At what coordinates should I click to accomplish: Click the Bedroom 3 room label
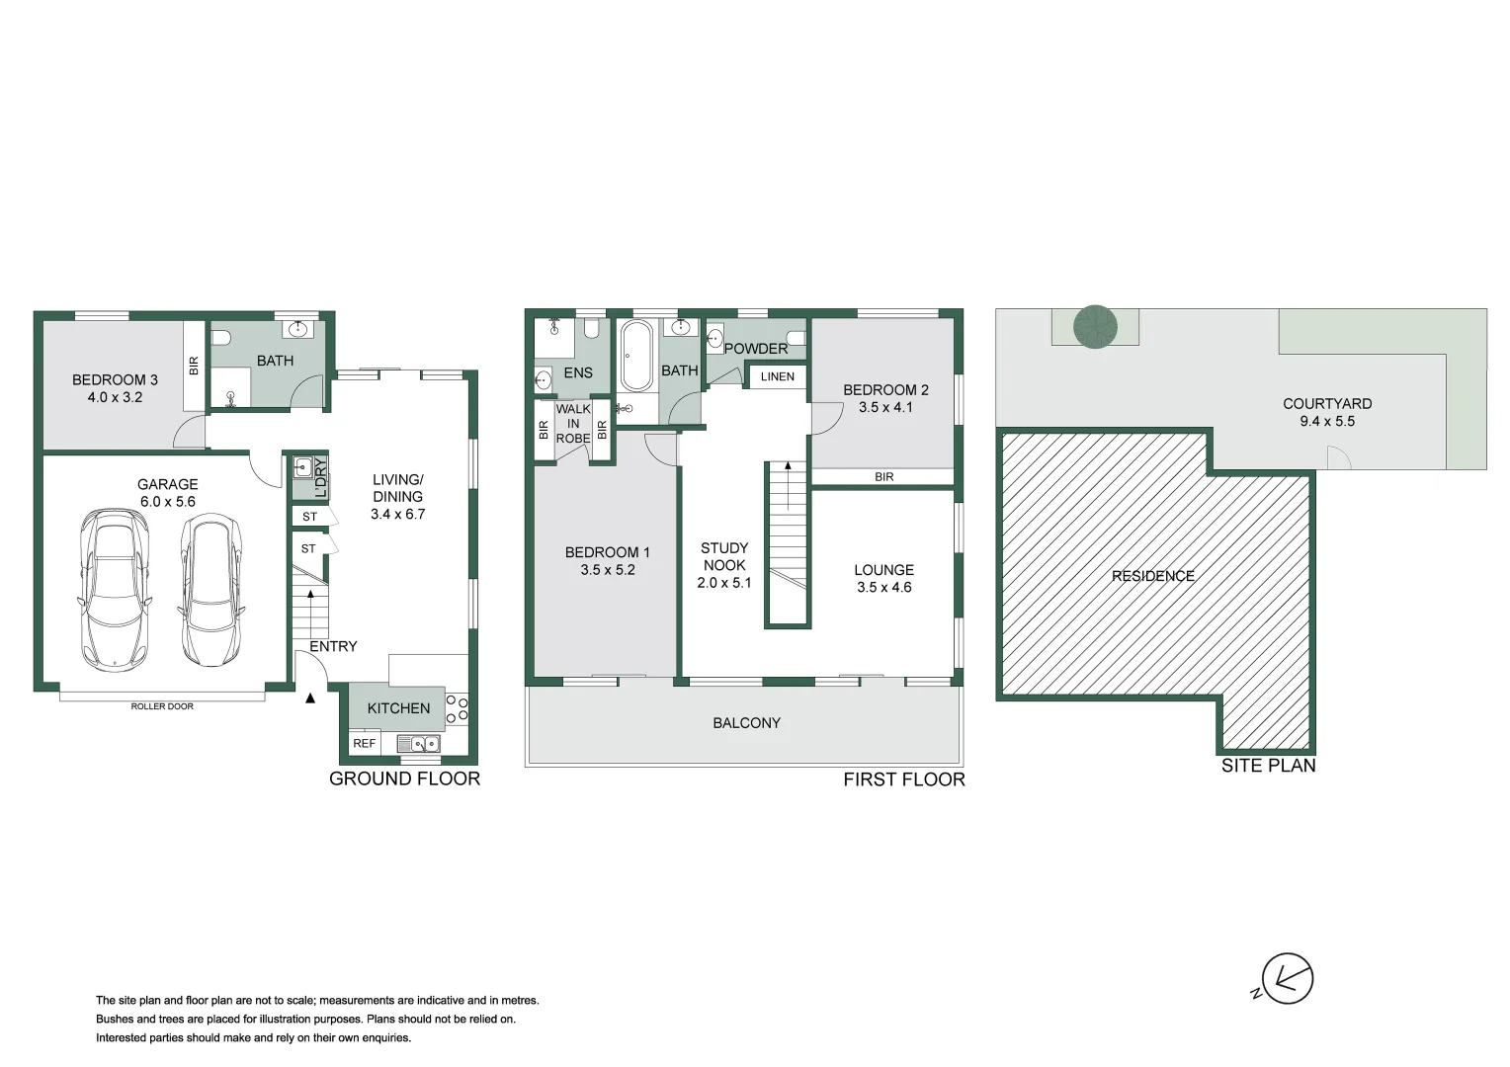tap(115, 379)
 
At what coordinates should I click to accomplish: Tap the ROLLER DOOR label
tap(162, 706)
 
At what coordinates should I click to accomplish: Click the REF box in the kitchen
tap(365, 743)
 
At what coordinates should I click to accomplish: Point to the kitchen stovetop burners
tap(457, 708)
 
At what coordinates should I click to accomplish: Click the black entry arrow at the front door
tap(310, 698)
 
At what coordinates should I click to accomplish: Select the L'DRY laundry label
tap(319, 479)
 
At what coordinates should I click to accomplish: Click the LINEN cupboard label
tap(778, 376)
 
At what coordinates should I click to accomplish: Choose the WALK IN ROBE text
tap(573, 423)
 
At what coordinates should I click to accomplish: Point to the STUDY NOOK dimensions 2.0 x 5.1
tap(724, 583)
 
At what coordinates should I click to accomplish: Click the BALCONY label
tap(746, 723)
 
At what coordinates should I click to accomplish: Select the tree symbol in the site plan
tap(1095, 326)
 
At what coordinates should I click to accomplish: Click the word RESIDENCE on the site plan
tap(1153, 576)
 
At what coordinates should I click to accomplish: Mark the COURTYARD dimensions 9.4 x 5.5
tap(1327, 421)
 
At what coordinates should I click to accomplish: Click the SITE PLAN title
tap(1268, 766)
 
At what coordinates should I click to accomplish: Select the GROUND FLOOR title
tap(404, 779)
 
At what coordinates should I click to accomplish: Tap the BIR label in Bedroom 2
tap(884, 477)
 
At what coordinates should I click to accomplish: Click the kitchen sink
tap(419, 744)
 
